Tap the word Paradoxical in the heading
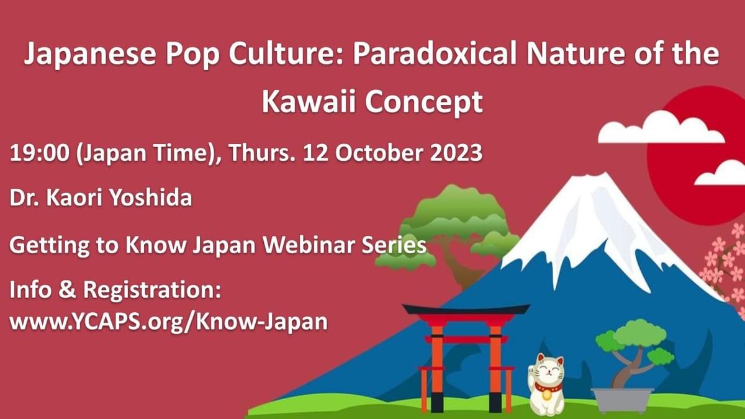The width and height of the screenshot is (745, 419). [435, 54]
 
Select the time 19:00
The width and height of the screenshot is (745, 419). [40, 153]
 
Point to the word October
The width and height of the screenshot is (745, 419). [379, 153]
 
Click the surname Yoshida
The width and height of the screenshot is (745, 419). [151, 197]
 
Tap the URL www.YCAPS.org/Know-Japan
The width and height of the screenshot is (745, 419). [168, 322]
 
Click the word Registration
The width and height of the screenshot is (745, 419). [152, 291]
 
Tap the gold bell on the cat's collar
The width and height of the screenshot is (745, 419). [546, 395]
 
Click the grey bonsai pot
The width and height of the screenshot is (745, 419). [622, 400]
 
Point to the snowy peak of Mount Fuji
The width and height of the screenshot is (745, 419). [595, 213]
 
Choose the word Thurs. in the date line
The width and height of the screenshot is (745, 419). [262, 153]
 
